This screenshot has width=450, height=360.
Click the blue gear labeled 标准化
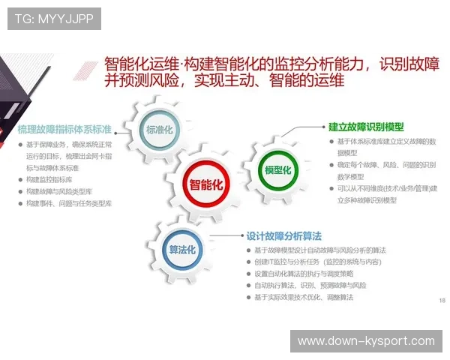tap(159, 129)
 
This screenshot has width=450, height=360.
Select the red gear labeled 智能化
tap(205, 184)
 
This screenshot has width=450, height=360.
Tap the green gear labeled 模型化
tap(276, 169)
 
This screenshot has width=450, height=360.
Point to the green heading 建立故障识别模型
tap(366, 127)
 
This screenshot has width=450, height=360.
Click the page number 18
tap(441, 301)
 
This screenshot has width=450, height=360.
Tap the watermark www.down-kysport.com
tap(366, 341)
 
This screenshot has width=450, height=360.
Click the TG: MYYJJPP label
tap(54, 19)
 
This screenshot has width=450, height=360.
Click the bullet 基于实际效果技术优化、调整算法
tap(303, 298)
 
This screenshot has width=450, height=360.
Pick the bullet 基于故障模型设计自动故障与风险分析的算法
tap(320, 250)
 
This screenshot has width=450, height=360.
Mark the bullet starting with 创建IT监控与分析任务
tap(317, 262)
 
